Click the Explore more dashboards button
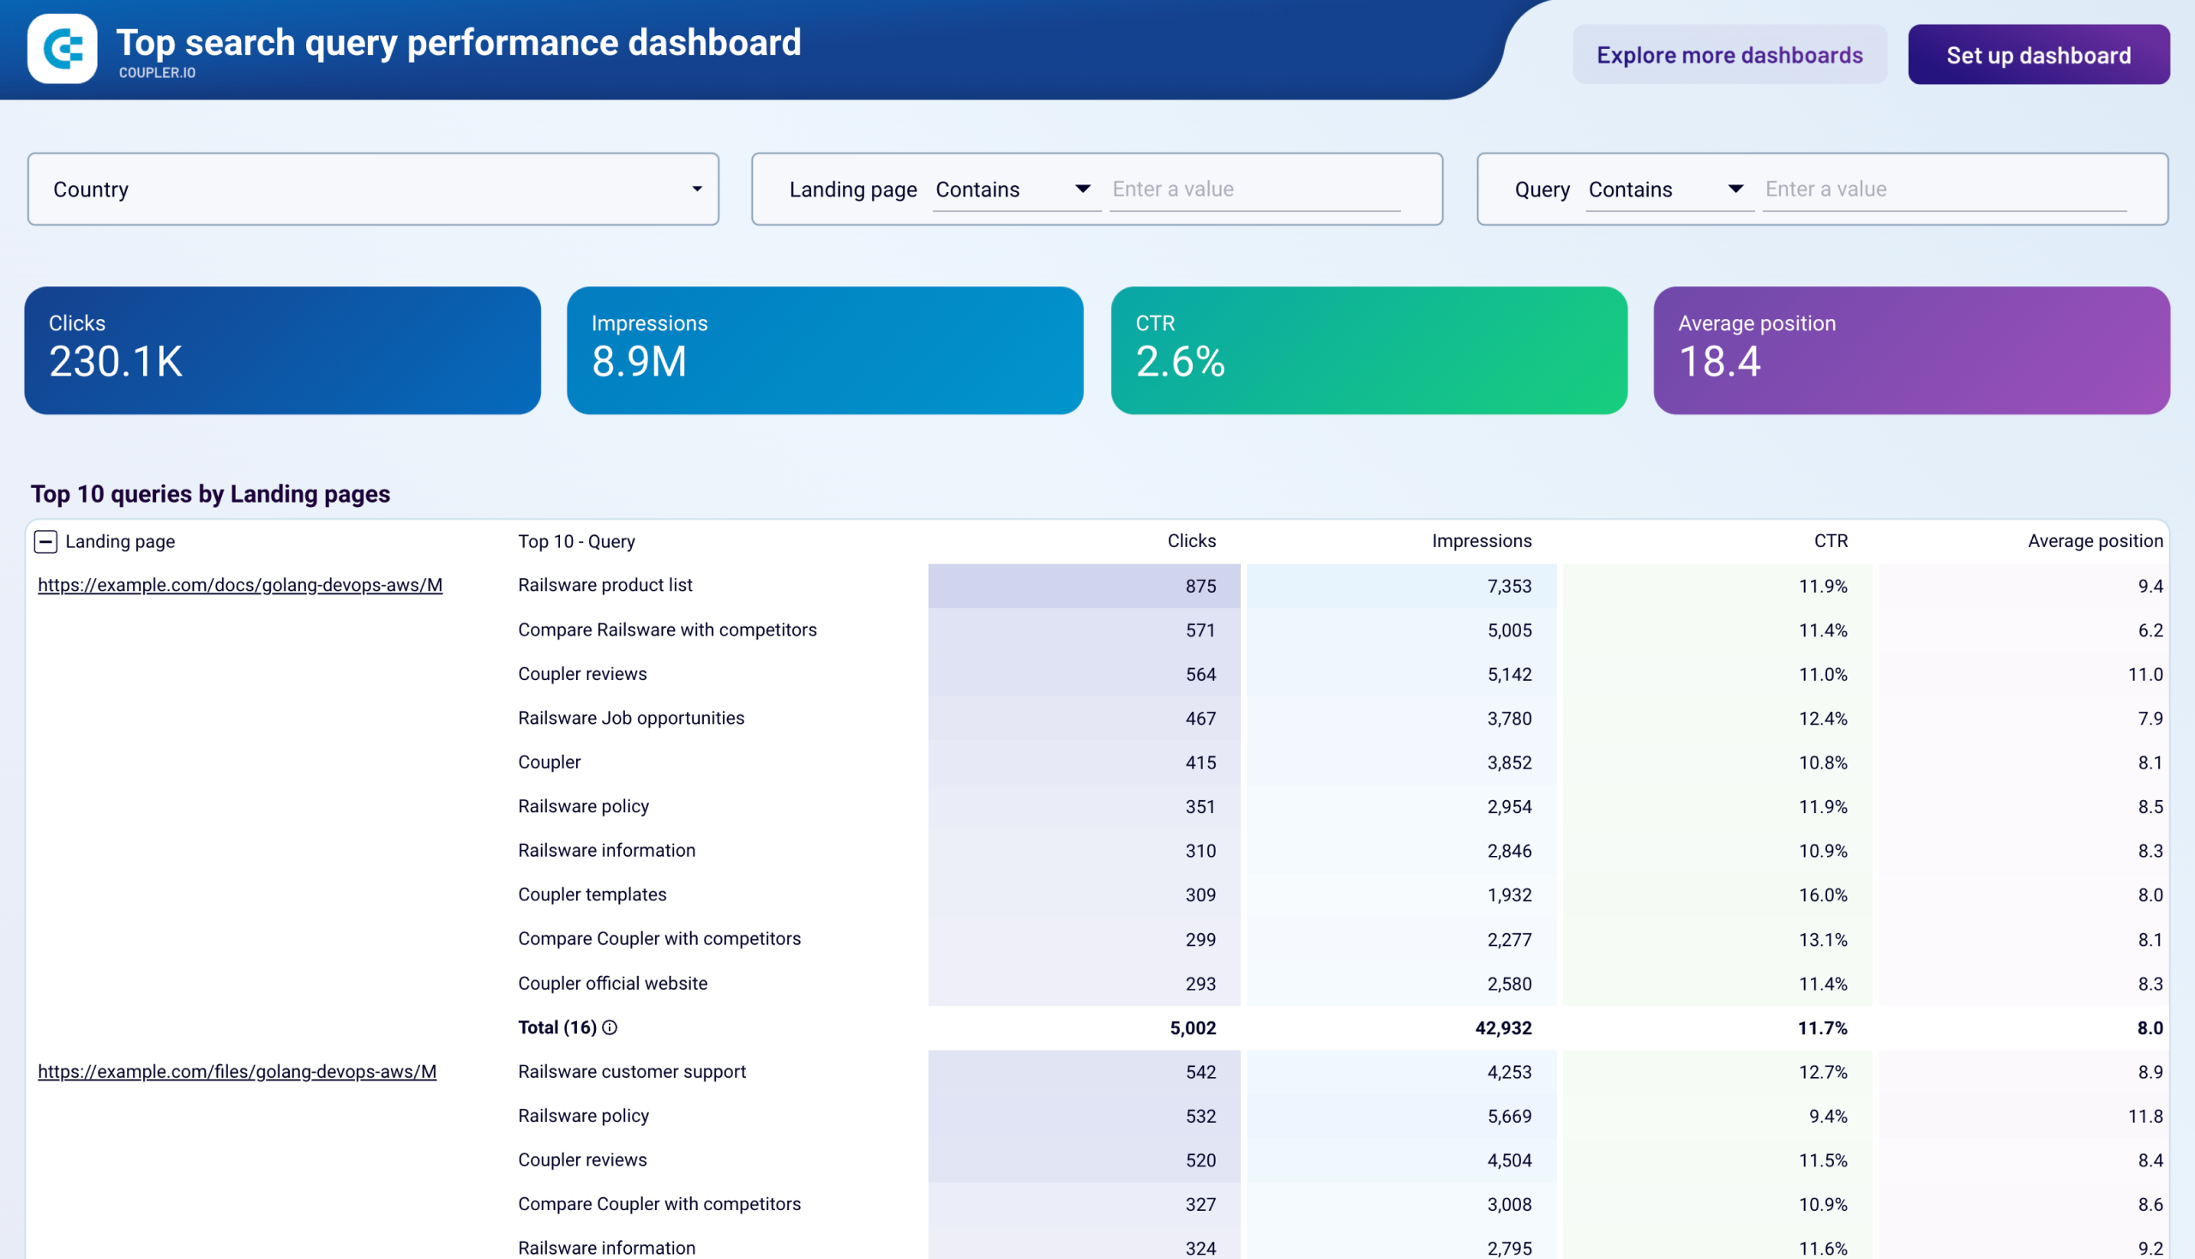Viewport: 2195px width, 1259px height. pos(1729,56)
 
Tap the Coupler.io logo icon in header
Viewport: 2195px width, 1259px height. pos(63,48)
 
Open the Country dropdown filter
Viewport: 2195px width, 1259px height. pos(373,190)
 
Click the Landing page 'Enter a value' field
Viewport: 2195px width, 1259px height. pos(1254,190)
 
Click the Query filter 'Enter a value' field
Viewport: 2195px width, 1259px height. pos(1944,190)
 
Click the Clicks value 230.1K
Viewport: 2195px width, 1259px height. pos(116,361)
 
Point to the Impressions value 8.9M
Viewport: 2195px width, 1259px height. pos(639,361)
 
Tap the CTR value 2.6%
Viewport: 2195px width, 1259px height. pos(1180,361)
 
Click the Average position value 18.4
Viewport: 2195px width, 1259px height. pos(1718,361)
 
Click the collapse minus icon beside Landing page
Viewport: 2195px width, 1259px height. pos(45,541)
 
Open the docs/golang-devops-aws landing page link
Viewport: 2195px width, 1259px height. pos(240,586)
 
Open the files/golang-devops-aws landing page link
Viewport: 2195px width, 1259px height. pos(237,1071)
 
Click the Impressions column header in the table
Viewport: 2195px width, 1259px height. pos(1481,541)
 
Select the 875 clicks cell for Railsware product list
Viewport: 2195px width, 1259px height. pos(1200,587)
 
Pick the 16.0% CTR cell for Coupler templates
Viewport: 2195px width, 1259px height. pos(1822,895)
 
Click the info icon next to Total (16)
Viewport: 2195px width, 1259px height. pos(610,1027)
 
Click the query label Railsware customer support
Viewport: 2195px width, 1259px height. pos(631,1071)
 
